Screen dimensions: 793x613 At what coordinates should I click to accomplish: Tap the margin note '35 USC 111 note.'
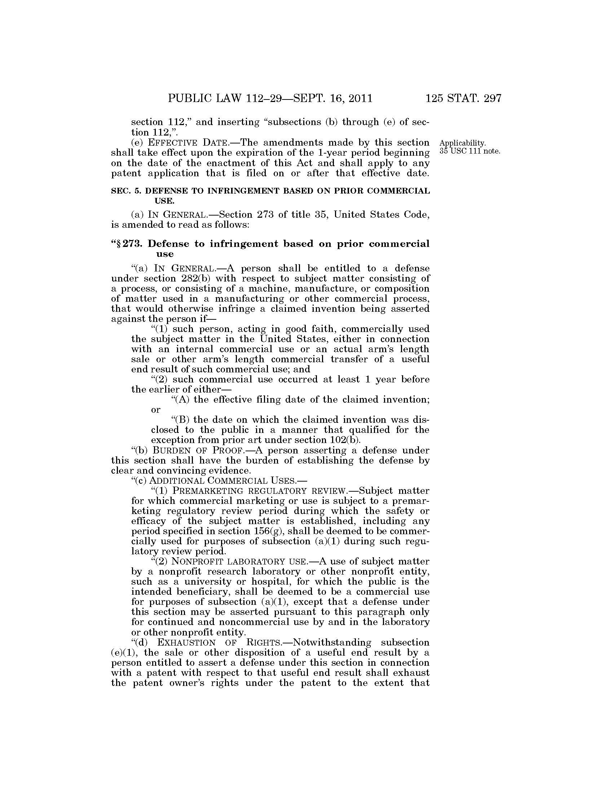click(470, 151)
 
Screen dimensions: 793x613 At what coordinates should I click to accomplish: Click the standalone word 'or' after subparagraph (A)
click(155, 410)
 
